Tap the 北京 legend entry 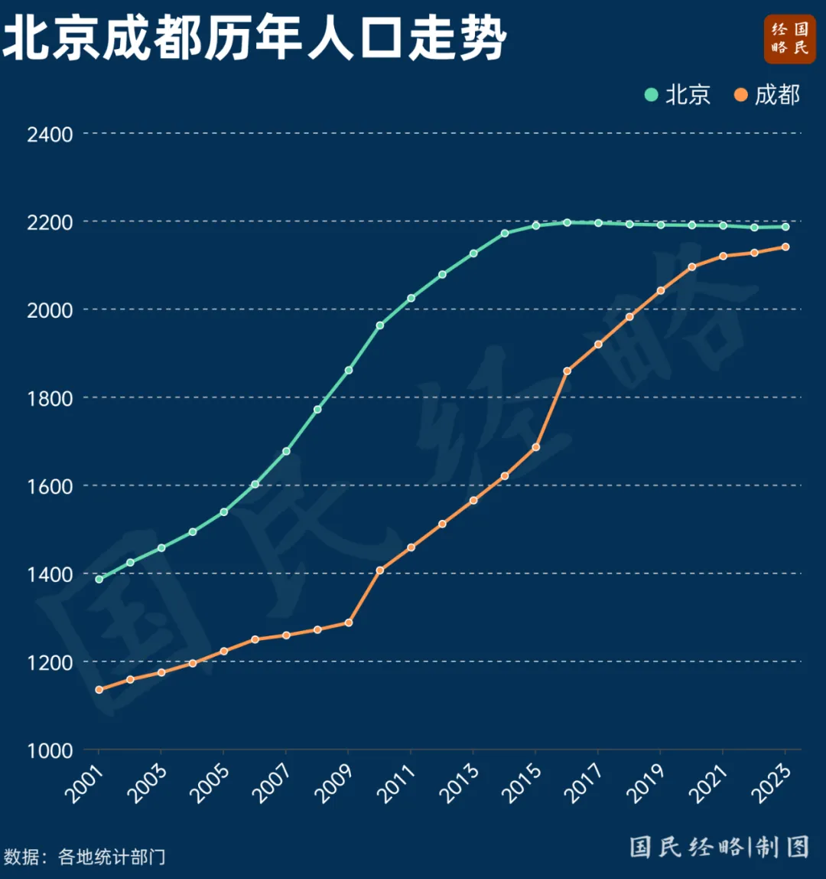[678, 94]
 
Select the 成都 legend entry [768, 94]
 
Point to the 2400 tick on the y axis [50, 135]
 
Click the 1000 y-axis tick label [50, 750]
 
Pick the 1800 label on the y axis [50, 398]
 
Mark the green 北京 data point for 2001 [99, 579]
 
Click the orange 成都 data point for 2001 [99, 690]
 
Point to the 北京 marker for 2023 [785, 227]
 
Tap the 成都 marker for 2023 [785, 247]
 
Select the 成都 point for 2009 [349, 622]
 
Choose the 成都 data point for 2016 [567, 371]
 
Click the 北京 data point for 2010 [380, 325]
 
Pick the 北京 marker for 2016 [567, 223]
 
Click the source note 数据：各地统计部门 [84, 856]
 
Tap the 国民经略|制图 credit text [719, 846]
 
